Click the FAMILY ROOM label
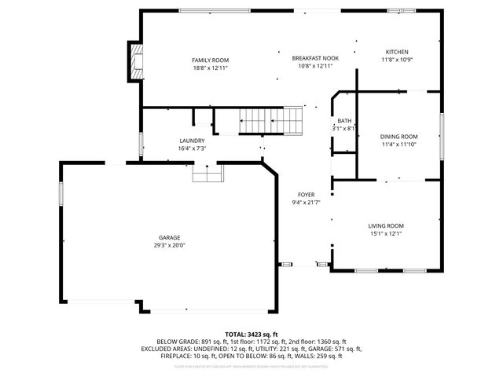point(210,60)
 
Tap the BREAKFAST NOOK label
point(315,58)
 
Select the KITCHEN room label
point(396,51)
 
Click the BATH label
point(344,121)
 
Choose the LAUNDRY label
point(192,141)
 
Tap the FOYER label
point(306,195)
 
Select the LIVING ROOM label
point(386,226)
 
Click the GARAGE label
point(169,237)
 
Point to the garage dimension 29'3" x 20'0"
point(169,245)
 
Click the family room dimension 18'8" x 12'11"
point(210,68)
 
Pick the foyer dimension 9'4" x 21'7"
point(306,203)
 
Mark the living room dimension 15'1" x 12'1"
point(386,234)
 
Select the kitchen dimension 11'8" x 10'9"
point(396,60)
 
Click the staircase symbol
point(259,121)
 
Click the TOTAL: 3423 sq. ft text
point(251,334)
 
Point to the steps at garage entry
point(207,174)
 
